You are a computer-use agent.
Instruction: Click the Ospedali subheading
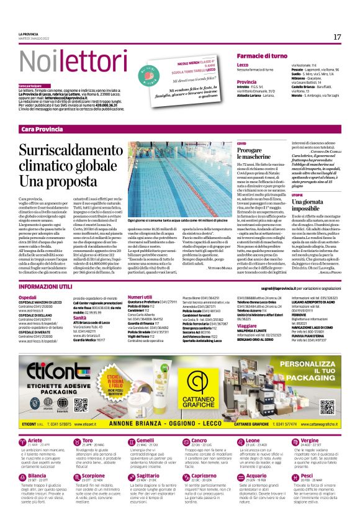point(27,298)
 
